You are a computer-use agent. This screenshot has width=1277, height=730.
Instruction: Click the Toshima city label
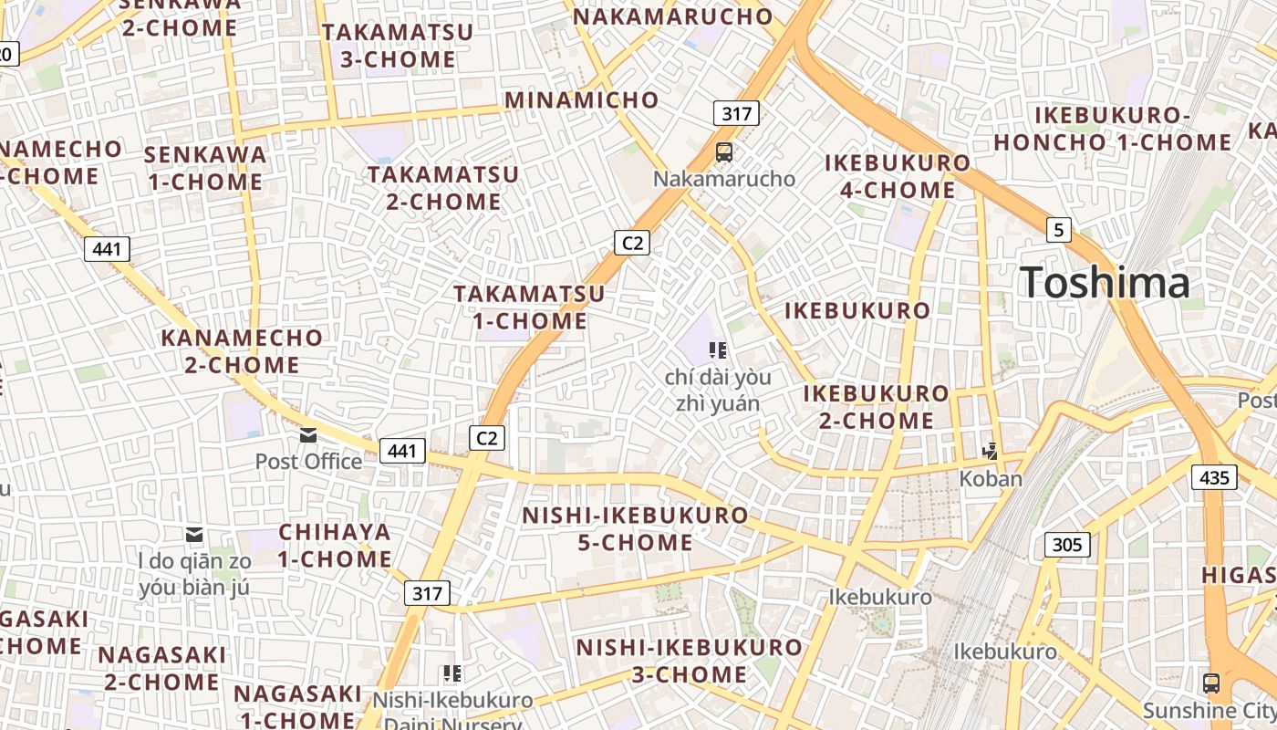click(1105, 282)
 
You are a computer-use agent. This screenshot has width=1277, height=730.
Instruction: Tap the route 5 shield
click(1058, 230)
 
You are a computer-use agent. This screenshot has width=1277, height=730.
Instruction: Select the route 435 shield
click(1214, 477)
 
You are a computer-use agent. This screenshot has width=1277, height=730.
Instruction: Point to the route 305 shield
click(1066, 546)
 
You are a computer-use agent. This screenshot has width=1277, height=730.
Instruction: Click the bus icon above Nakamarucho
click(724, 152)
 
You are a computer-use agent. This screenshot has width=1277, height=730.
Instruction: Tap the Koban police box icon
click(990, 451)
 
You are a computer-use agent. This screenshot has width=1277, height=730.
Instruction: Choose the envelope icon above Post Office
click(308, 435)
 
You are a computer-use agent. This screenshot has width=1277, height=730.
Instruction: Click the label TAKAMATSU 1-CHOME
click(530, 308)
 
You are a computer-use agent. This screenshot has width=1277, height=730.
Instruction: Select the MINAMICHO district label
click(581, 100)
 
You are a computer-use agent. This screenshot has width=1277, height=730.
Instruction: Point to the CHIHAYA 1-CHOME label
click(335, 545)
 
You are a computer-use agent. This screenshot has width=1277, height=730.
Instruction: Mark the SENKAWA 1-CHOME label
click(205, 168)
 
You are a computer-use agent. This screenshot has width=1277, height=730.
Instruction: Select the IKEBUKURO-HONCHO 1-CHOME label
click(1112, 129)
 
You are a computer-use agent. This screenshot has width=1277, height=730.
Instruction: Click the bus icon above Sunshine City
click(1210, 683)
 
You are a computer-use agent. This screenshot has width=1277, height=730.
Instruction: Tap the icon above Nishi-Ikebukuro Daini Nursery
click(452, 674)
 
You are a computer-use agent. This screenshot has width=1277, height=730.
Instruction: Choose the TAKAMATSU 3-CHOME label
click(398, 46)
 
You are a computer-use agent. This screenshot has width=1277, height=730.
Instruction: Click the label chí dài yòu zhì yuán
click(718, 390)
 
